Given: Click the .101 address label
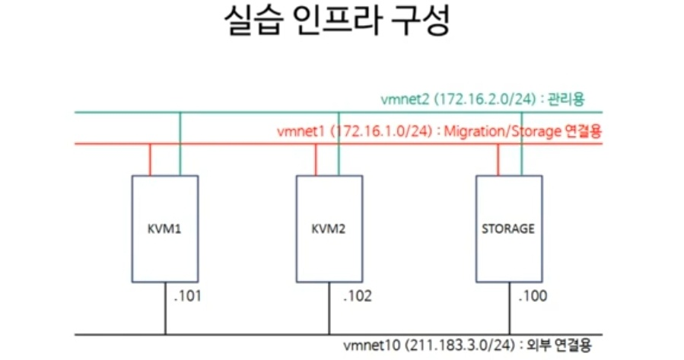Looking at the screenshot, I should [187, 297].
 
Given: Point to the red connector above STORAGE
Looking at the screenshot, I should [498, 159].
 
